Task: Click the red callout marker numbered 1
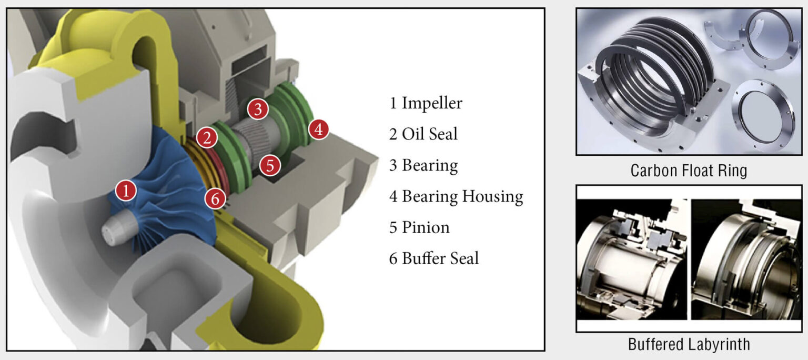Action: coord(126,190)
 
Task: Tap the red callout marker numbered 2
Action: coord(207,138)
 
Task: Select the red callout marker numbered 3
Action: coord(258,109)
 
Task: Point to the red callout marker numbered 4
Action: coord(319,129)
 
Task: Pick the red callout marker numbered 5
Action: coord(270,166)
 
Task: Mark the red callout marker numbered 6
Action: coord(216,198)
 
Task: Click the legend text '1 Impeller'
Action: coord(426,103)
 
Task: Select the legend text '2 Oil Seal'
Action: coord(423,134)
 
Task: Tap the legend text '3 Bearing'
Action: coord(423,166)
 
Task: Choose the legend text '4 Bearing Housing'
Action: coord(456,197)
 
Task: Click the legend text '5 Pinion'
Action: coord(419,228)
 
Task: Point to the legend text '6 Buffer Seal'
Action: coord(434,259)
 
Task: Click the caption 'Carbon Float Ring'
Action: coord(689,171)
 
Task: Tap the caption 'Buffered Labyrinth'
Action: coord(689,345)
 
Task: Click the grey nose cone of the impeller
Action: coord(114,231)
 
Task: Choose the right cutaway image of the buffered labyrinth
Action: coord(746,259)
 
